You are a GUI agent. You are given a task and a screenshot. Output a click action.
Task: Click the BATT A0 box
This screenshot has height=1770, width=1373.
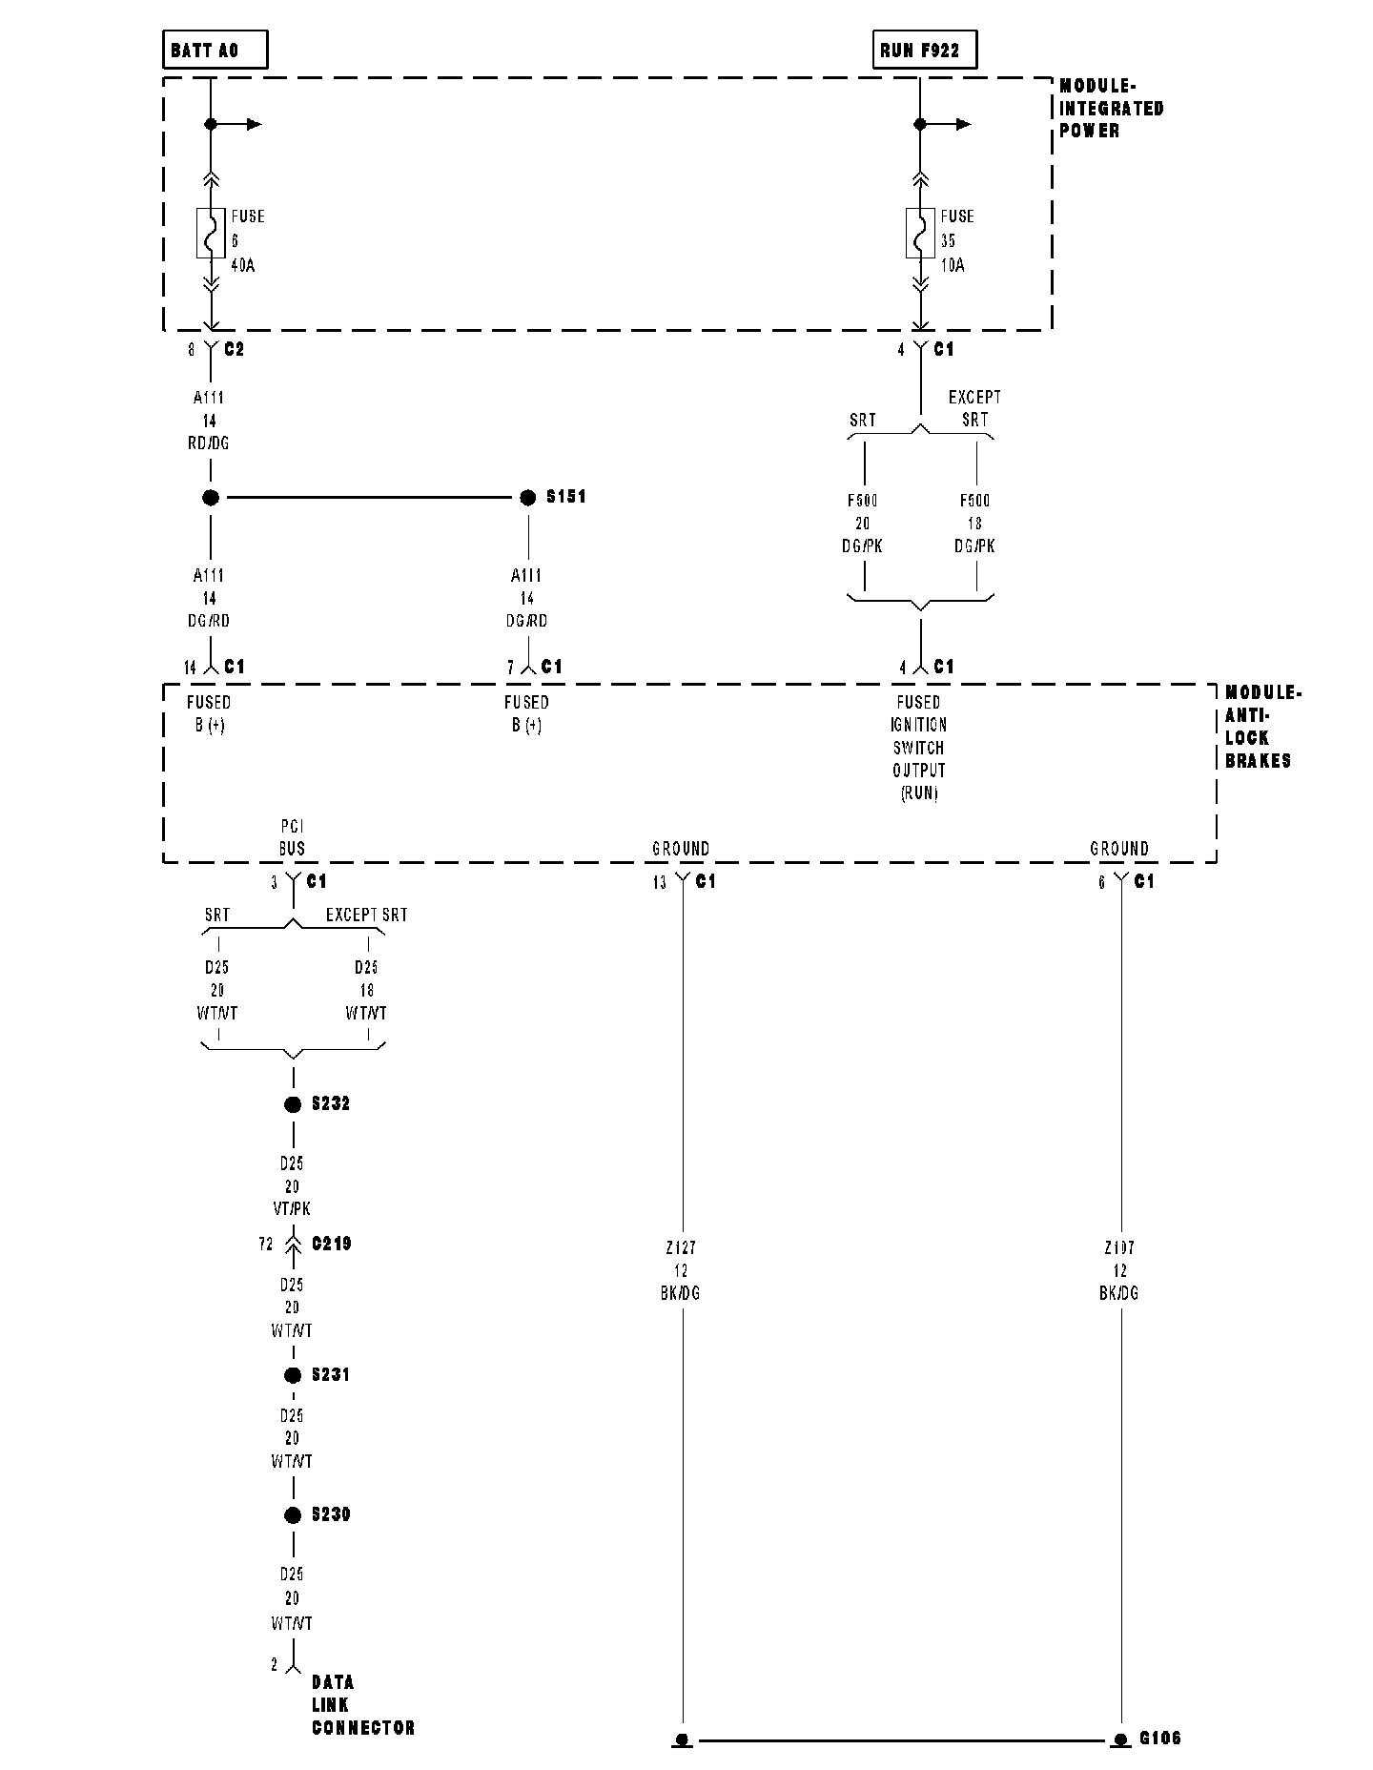click(215, 51)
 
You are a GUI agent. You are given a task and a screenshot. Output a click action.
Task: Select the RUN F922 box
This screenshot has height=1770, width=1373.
click(924, 51)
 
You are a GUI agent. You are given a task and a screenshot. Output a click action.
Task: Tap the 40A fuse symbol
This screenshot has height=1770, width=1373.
click(211, 233)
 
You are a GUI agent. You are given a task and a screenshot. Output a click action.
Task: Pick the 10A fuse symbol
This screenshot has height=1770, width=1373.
click(920, 233)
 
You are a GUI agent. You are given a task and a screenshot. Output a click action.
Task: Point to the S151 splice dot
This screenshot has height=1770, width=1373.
click(527, 497)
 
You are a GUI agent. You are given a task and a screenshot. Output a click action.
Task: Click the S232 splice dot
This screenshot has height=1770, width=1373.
click(293, 1104)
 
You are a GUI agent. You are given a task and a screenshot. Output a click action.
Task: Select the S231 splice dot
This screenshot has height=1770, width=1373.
click(293, 1375)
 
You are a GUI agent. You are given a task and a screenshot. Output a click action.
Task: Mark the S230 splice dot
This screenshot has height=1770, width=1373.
click(293, 1515)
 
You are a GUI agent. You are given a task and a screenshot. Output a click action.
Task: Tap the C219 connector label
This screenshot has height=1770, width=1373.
click(331, 1244)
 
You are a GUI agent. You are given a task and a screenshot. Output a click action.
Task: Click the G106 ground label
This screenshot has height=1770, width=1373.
click(1160, 1739)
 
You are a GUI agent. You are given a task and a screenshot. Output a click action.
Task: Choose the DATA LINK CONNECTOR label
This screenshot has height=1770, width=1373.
click(362, 1705)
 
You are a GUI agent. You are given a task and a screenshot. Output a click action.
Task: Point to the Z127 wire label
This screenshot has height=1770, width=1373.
click(681, 1248)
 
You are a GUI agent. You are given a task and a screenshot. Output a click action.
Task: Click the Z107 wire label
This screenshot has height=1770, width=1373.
click(1119, 1248)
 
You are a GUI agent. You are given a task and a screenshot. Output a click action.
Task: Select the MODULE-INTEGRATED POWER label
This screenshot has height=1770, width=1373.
click(1111, 109)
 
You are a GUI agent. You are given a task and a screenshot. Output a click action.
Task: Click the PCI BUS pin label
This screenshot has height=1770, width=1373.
click(292, 837)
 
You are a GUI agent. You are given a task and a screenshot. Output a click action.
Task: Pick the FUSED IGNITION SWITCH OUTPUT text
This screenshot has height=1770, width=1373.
click(919, 748)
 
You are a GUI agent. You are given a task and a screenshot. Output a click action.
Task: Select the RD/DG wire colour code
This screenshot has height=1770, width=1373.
click(210, 443)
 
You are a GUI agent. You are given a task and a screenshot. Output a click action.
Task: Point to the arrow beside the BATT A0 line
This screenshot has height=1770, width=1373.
click(252, 124)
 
